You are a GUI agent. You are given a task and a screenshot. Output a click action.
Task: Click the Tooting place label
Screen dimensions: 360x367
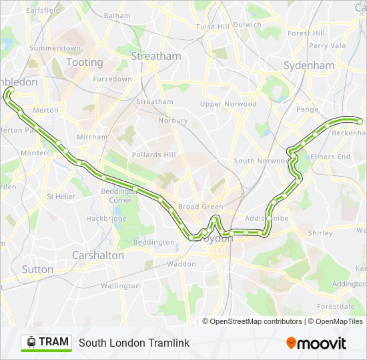[84, 62]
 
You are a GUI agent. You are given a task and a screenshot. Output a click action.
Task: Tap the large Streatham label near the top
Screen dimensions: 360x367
[156, 56]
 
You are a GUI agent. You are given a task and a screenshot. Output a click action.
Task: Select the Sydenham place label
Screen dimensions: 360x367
[308, 65]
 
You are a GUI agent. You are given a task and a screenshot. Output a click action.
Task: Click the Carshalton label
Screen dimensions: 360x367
[97, 255]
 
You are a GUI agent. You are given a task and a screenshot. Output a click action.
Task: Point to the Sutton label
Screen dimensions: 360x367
[37, 269]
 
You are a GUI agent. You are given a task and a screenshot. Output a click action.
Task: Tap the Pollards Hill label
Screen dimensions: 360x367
[153, 155]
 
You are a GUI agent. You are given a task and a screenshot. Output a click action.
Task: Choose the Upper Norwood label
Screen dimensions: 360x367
[228, 104]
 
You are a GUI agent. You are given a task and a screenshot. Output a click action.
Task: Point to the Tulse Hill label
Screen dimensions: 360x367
[212, 27]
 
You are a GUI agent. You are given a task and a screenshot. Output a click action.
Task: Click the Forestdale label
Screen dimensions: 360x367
[335, 307]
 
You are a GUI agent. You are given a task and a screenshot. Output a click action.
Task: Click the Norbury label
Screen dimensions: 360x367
[173, 121]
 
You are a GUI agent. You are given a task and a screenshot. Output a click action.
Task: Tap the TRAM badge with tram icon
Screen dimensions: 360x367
[47, 342]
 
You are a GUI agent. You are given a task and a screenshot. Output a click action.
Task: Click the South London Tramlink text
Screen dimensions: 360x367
[134, 343]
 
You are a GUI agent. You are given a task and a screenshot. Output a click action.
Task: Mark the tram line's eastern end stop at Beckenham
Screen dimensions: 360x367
[360, 121]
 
